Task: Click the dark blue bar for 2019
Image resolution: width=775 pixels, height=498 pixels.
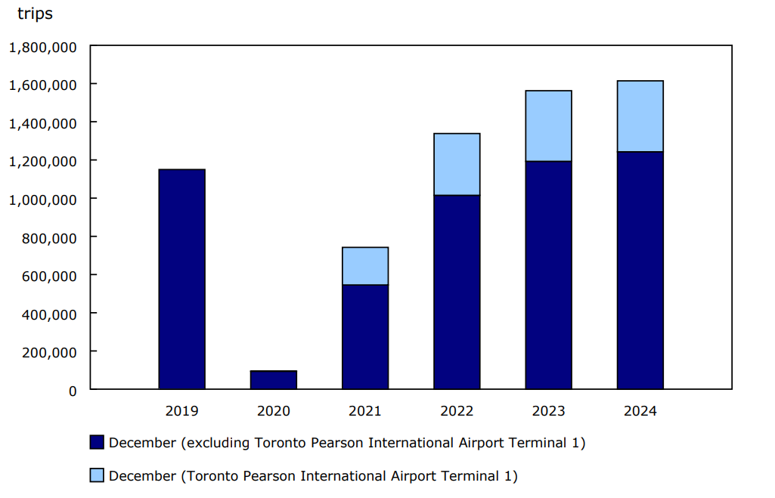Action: click(181, 279)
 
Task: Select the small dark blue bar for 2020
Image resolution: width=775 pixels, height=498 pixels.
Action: click(273, 380)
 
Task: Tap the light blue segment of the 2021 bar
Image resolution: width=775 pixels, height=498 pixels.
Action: click(365, 266)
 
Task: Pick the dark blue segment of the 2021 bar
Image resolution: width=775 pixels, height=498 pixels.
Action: click(365, 337)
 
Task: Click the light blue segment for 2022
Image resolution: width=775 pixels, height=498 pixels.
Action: click(457, 164)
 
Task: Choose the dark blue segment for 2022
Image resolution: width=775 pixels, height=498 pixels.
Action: click(457, 292)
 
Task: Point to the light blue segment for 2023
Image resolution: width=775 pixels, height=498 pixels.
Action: click(548, 126)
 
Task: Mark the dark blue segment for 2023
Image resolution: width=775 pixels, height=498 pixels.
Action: click(548, 275)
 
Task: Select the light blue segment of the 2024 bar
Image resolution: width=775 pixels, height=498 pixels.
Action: click(640, 116)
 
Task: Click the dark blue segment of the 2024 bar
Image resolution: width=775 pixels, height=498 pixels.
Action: click(640, 271)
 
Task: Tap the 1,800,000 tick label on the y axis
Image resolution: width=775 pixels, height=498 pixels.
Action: click(42, 47)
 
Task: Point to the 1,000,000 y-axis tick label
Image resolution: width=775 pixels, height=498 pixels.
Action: click(42, 200)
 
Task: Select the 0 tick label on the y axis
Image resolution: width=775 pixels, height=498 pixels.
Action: click(73, 391)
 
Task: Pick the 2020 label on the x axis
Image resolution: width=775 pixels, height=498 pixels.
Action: click(273, 411)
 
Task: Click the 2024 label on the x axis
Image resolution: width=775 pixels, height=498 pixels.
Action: click(640, 411)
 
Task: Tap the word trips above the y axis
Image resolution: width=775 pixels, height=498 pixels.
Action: click(35, 14)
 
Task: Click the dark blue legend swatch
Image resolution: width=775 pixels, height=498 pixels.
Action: click(97, 443)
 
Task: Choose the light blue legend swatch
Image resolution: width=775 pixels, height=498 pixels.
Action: click(97, 475)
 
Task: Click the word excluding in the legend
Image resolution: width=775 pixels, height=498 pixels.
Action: click(209, 443)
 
